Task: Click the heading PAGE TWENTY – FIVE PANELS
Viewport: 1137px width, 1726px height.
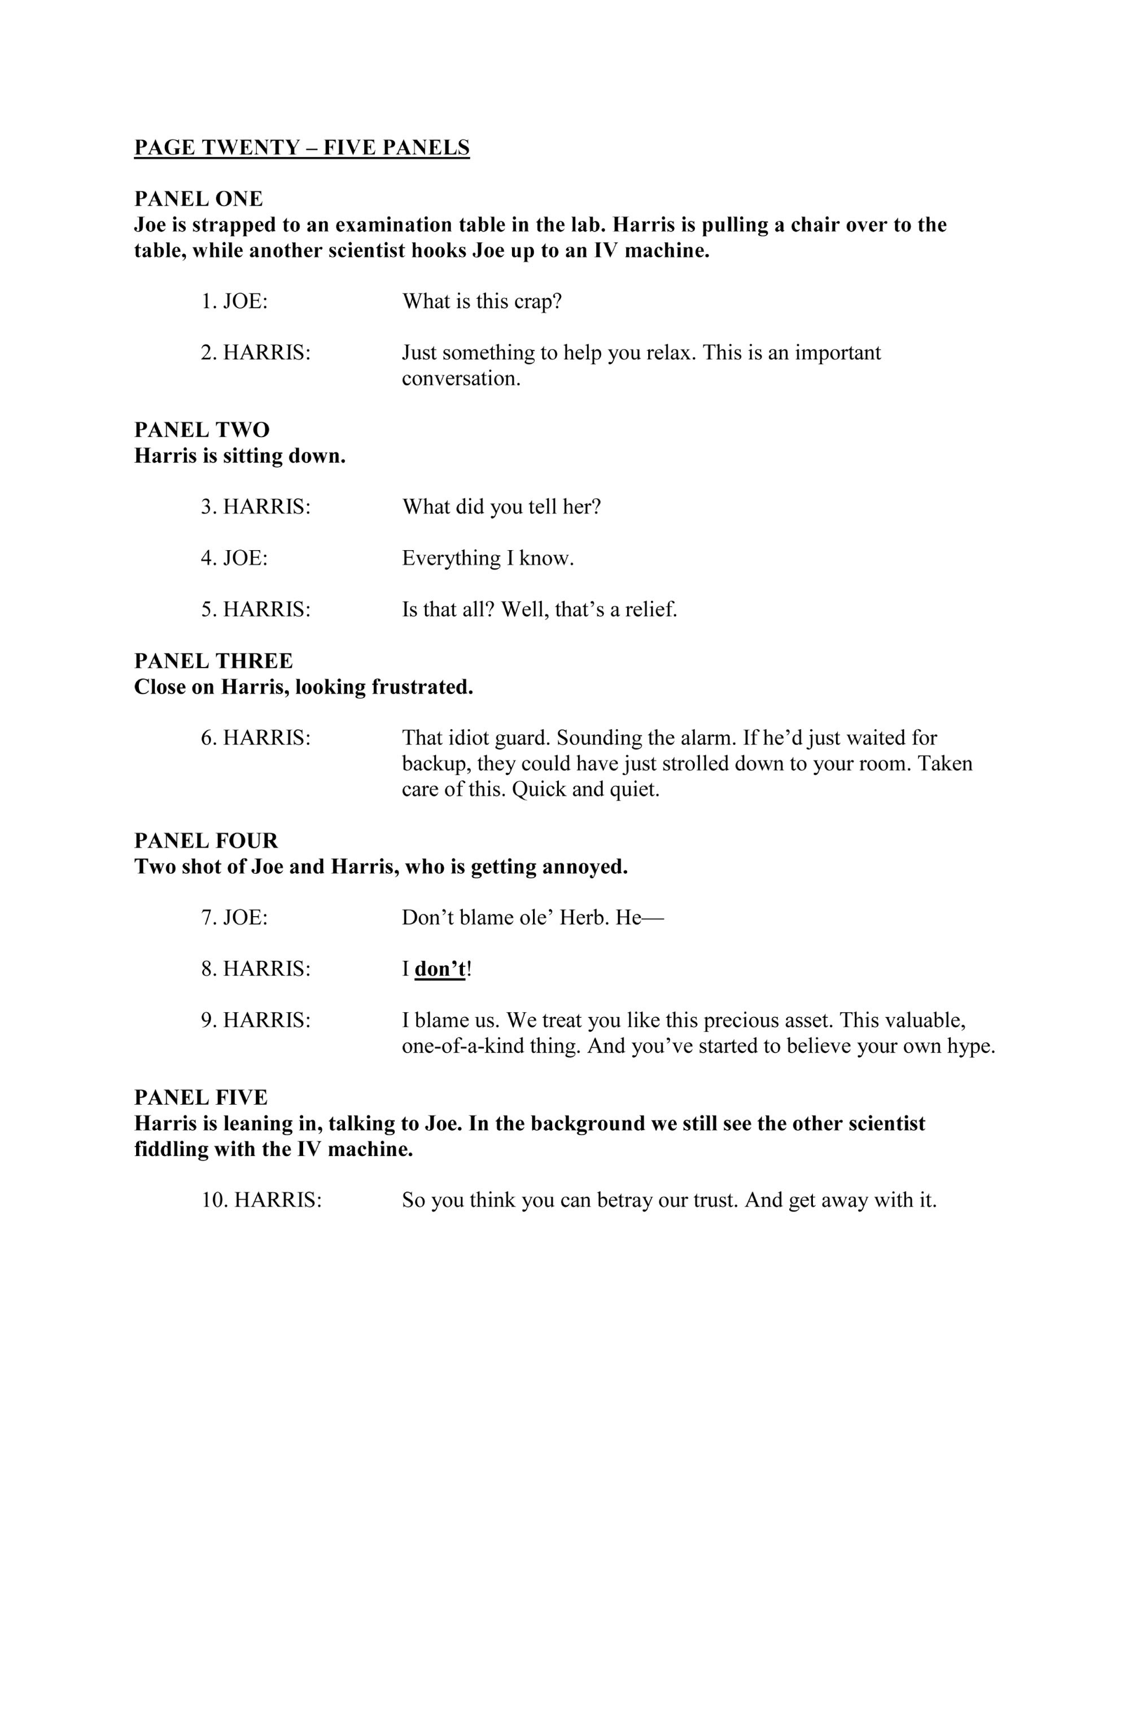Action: (x=301, y=147)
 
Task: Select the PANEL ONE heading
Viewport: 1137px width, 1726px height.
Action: (x=198, y=198)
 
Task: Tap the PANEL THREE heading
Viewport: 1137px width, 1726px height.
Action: (x=213, y=661)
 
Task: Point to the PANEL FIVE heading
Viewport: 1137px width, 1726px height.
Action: (x=201, y=1097)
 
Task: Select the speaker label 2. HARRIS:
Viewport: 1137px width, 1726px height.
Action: (x=256, y=352)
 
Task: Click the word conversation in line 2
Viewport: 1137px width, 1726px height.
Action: (x=461, y=378)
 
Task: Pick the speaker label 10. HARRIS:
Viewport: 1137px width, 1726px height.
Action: (x=261, y=1200)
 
